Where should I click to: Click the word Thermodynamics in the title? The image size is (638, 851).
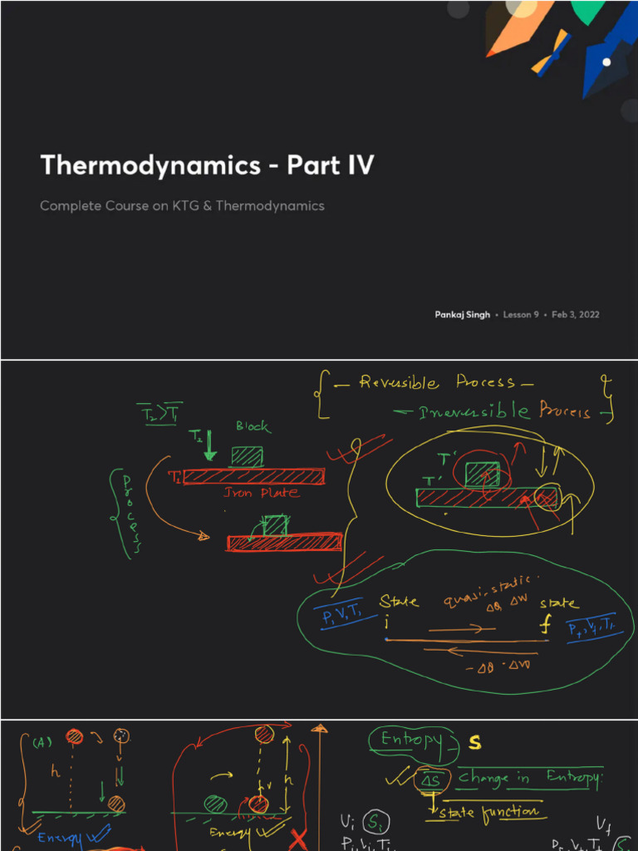[x=150, y=165]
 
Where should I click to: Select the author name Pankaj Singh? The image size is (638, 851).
[x=462, y=314]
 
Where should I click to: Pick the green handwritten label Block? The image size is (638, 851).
[x=253, y=426]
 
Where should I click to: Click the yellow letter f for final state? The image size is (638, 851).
[x=546, y=626]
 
